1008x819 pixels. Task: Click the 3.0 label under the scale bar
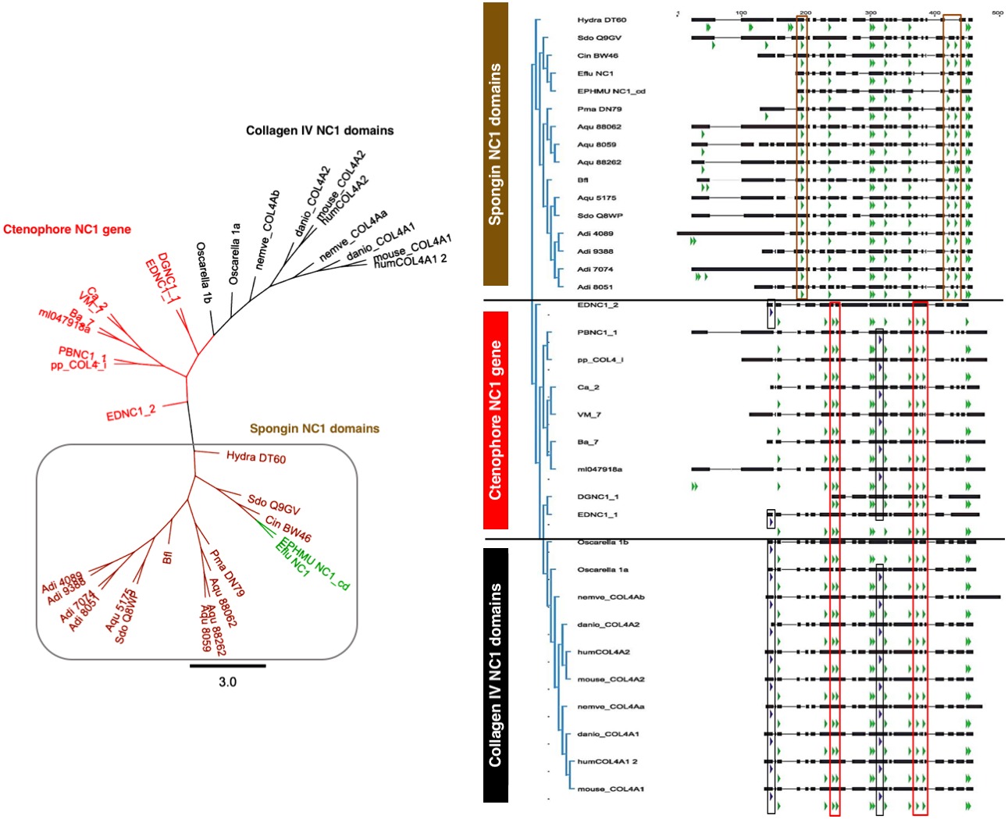click(227, 682)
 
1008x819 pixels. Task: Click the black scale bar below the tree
click(227, 666)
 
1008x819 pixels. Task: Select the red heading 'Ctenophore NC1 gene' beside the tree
click(67, 230)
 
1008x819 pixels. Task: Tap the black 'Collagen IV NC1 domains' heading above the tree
click(319, 130)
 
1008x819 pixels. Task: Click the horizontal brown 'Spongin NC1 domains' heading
click(314, 429)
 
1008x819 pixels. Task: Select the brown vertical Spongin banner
click(496, 144)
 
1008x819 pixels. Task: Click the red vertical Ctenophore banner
click(496, 420)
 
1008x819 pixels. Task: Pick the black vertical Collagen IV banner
click(496, 675)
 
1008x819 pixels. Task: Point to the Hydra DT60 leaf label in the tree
click(256, 458)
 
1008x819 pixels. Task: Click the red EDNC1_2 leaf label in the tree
click(131, 412)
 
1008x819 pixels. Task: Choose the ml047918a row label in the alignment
click(600, 469)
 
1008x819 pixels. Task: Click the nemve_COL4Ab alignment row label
click(611, 597)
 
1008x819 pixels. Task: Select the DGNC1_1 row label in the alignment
click(597, 497)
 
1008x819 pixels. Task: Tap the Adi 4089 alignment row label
click(595, 233)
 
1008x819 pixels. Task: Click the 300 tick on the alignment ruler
click(871, 12)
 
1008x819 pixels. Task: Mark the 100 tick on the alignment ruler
click(741, 12)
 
